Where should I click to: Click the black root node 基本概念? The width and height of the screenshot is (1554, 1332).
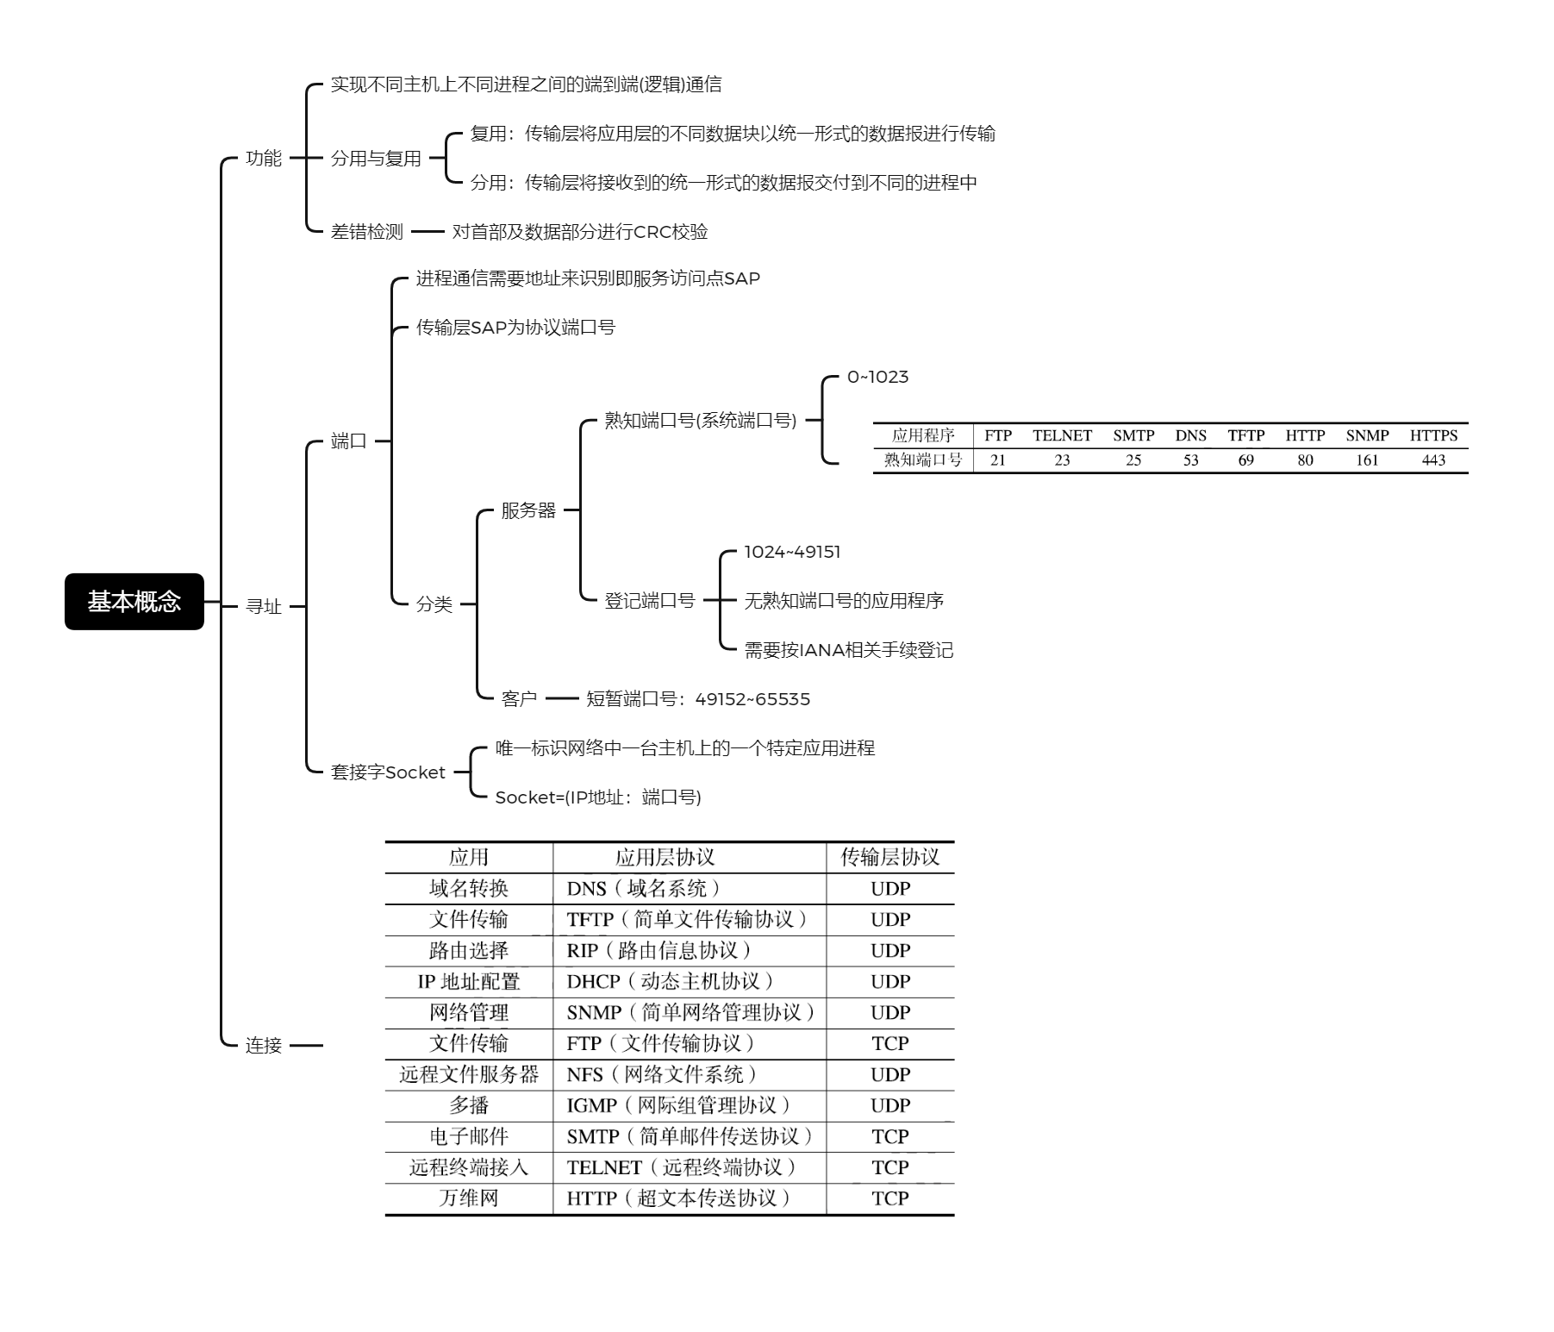(x=134, y=601)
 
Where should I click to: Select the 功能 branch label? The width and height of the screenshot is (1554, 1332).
(x=264, y=158)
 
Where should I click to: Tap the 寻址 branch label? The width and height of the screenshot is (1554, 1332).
(x=264, y=606)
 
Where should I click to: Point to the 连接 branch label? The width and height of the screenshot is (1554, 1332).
(x=264, y=1045)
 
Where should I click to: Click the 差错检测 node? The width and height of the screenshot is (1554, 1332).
(x=367, y=231)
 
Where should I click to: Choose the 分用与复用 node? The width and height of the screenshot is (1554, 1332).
(x=376, y=158)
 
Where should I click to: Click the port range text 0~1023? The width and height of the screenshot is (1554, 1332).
(x=877, y=377)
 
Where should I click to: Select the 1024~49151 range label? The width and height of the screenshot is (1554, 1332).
(x=792, y=552)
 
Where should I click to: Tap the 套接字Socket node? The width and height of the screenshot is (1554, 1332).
(x=388, y=772)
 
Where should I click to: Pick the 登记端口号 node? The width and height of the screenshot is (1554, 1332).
(x=650, y=601)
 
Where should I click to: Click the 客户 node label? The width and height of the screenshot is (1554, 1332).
(x=520, y=698)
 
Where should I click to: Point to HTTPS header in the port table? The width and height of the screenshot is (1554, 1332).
(x=1433, y=435)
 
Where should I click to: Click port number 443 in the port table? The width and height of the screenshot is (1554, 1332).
(x=1433, y=460)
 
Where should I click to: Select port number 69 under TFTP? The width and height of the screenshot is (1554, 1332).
(x=1246, y=460)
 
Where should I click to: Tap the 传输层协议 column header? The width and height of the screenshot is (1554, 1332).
(x=890, y=857)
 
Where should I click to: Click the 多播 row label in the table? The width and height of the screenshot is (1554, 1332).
(x=469, y=1105)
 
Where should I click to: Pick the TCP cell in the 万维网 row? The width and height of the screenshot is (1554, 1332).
(x=890, y=1198)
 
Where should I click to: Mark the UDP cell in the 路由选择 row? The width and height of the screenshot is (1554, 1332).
(x=890, y=950)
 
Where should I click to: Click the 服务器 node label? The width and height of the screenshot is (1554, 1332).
(x=529, y=510)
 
